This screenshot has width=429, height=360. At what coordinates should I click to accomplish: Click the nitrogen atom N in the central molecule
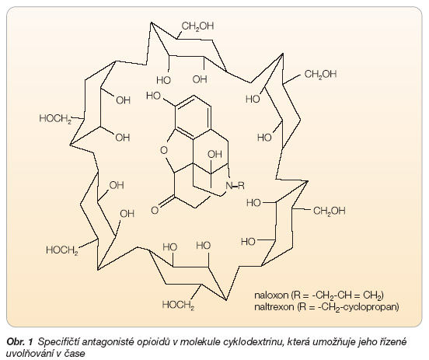(x=229, y=186)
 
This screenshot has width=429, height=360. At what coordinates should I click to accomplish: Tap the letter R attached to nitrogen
(x=241, y=186)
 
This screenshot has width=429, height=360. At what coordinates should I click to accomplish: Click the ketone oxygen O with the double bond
(x=155, y=210)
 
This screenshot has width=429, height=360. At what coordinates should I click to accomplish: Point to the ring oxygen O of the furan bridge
(x=164, y=150)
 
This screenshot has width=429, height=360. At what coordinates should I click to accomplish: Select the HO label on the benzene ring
(x=153, y=96)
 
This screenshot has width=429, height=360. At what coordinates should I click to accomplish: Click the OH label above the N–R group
(x=214, y=154)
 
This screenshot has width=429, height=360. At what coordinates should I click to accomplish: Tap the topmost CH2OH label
(x=197, y=26)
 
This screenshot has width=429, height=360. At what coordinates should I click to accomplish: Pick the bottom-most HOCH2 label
(x=178, y=305)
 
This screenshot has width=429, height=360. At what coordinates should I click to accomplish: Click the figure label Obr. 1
(x=19, y=341)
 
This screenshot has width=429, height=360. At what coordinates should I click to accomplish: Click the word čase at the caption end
(x=75, y=353)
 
